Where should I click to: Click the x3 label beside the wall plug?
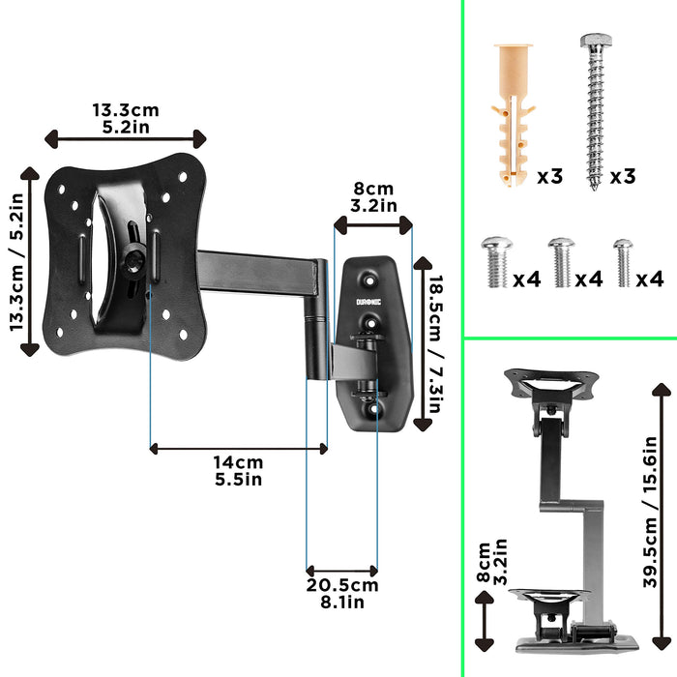click(x=549, y=176)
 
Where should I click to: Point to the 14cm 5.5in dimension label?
click(x=238, y=471)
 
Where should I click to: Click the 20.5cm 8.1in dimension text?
click(x=343, y=593)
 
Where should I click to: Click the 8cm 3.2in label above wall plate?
click(x=373, y=196)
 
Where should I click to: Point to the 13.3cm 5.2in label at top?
click(x=126, y=117)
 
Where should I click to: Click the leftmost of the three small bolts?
click(x=495, y=262)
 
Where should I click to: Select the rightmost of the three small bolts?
click(x=623, y=262)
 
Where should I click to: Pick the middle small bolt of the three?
click(x=561, y=262)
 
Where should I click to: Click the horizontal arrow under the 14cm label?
click(x=239, y=448)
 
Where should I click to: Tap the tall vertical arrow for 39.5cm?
click(x=662, y=517)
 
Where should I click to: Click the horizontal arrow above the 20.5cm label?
click(x=342, y=571)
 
